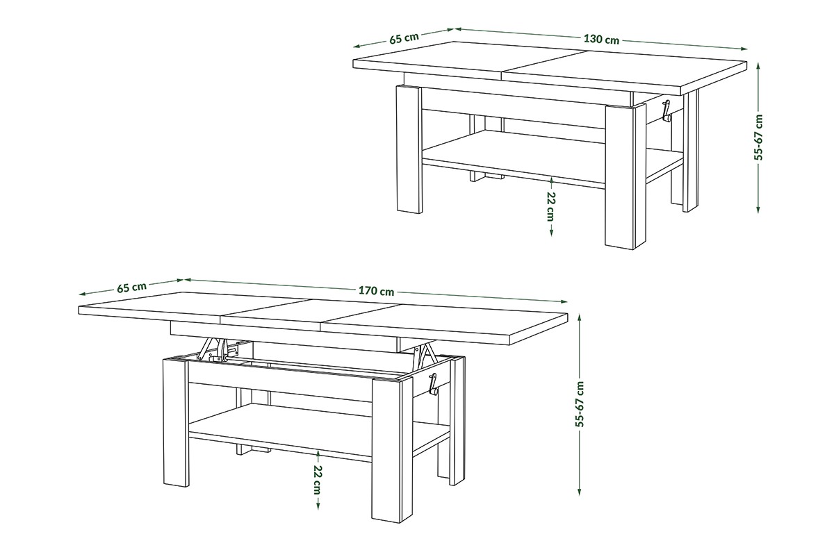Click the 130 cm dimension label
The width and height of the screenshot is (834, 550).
(x=601, y=39)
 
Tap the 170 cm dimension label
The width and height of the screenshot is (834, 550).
(x=376, y=290)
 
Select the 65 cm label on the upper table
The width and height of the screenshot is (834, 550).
(x=404, y=37)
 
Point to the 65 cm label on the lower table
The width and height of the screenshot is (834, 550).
(x=131, y=287)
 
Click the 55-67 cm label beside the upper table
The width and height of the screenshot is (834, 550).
(x=758, y=137)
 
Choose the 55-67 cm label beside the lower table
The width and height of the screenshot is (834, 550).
(x=580, y=404)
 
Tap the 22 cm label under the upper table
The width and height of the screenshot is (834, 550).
(x=551, y=206)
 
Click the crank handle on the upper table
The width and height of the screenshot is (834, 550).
(x=665, y=110)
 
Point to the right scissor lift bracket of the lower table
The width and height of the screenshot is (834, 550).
(x=425, y=354)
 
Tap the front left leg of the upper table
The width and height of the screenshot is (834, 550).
(x=409, y=150)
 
